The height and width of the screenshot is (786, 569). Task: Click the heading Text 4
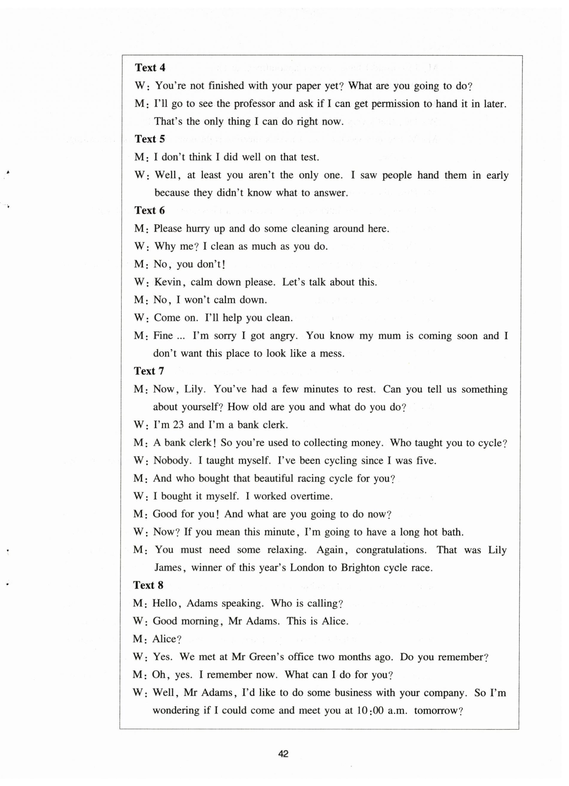click(150, 67)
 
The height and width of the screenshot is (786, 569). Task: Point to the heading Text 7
click(149, 371)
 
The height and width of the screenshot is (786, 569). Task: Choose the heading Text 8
click(148, 585)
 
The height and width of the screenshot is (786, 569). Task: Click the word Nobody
click(172, 460)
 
